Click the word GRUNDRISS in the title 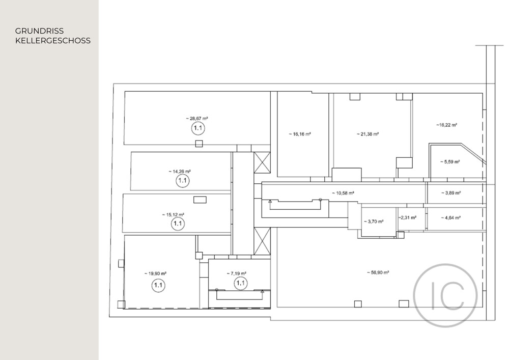(39, 31)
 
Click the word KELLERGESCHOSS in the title (53, 41)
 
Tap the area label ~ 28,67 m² (197, 119)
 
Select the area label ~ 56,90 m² (378, 273)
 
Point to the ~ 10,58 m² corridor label (343, 193)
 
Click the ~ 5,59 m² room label (450, 161)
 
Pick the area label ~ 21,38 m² (368, 134)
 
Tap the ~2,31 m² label (407, 218)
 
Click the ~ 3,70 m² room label (374, 221)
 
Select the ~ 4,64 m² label (450, 218)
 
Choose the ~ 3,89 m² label (451, 193)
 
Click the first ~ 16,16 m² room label (300, 134)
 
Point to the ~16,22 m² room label (447, 125)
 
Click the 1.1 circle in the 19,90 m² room (158, 285)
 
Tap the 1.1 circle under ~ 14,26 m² (182, 180)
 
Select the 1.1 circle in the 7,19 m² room (241, 283)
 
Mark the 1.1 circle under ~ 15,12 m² (178, 224)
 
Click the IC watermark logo (445, 295)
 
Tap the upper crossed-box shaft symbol (262, 162)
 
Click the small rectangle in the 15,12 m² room (200, 200)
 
